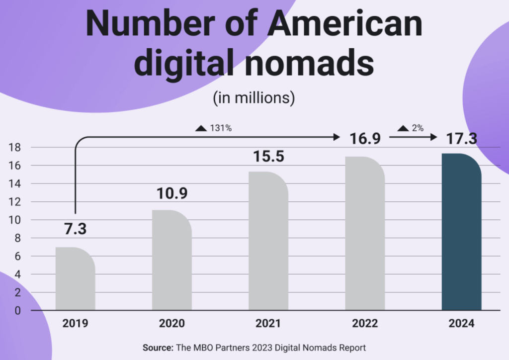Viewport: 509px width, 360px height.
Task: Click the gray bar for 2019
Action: click(x=75, y=279)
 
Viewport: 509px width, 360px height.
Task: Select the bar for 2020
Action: click(x=172, y=261)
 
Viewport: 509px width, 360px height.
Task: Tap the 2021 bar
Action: click(x=268, y=242)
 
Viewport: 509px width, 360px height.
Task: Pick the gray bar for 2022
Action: click(x=365, y=234)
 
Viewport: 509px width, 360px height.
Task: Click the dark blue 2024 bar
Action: click(x=461, y=233)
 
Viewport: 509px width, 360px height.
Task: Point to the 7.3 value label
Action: click(x=75, y=230)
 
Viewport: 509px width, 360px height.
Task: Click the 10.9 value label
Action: click(x=172, y=193)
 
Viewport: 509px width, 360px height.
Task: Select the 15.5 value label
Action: click(x=268, y=156)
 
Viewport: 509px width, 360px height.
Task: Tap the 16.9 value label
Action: click(x=365, y=139)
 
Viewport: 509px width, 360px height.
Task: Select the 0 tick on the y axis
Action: click(x=17, y=311)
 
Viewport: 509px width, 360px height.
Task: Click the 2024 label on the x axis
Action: click(x=461, y=324)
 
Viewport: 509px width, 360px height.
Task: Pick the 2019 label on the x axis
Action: click(x=75, y=324)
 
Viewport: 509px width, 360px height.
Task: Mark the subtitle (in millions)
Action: click(x=254, y=97)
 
